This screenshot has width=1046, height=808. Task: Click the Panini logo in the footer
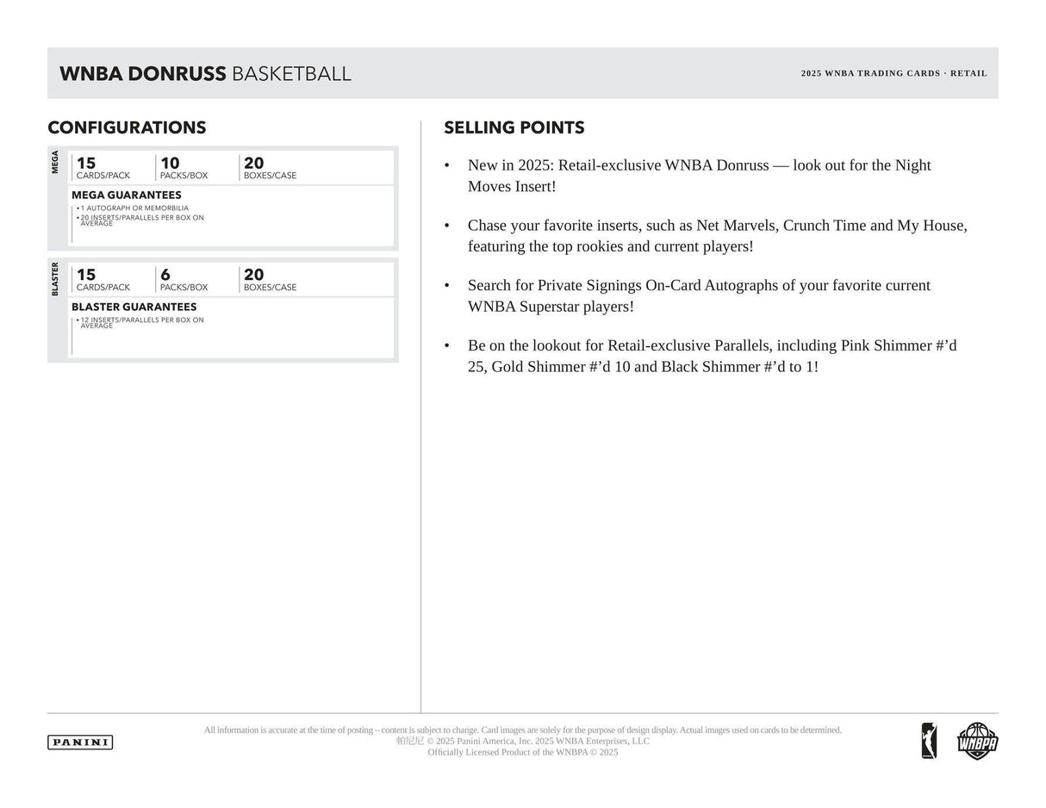tap(80, 742)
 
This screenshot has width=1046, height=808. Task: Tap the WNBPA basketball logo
tap(977, 741)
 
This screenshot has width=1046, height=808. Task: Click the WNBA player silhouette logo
tap(929, 741)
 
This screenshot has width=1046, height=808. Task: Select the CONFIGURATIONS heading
tap(127, 127)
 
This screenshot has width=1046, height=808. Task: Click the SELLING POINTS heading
tap(514, 127)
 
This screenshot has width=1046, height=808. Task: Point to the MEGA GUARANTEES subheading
tap(126, 195)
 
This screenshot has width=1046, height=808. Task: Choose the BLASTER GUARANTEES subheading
tap(134, 307)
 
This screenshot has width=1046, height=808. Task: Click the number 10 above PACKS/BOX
tap(170, 163)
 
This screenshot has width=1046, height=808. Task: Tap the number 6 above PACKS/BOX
tap(165, 275)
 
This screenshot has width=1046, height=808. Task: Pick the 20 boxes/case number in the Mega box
tap(253, 163)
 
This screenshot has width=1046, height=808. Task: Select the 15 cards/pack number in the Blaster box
tap(86, 275)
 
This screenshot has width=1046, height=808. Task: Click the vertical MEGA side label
tap(55, 162)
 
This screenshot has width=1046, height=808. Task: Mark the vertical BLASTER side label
tap(55, 279)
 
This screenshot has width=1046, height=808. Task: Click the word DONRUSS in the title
tap(176, 74)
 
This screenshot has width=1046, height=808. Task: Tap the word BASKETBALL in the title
tap(291, 74)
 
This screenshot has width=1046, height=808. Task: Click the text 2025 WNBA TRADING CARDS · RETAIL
tap(893, 73)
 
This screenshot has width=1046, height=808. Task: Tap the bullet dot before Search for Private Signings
tap(446, 285)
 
